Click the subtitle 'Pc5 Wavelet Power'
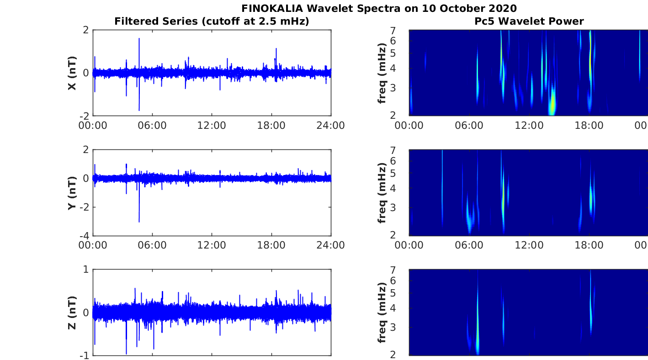(x=529, y=21)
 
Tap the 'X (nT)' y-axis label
(x=72, y=73)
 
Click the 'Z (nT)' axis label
(x=72, y=312)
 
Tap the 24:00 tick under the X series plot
(x=330, y=125)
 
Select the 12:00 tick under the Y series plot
(x=212, y=245)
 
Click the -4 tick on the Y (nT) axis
(x=85, y=236)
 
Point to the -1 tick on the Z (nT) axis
(x=85, y=355)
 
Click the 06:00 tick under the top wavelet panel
(x=469, y=125)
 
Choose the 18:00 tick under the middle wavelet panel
(x=589, y=245)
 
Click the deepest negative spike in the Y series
(x=139, y=221)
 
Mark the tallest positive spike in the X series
(x=139, y=39)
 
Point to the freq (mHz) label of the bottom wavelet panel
(x=382, y=312)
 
